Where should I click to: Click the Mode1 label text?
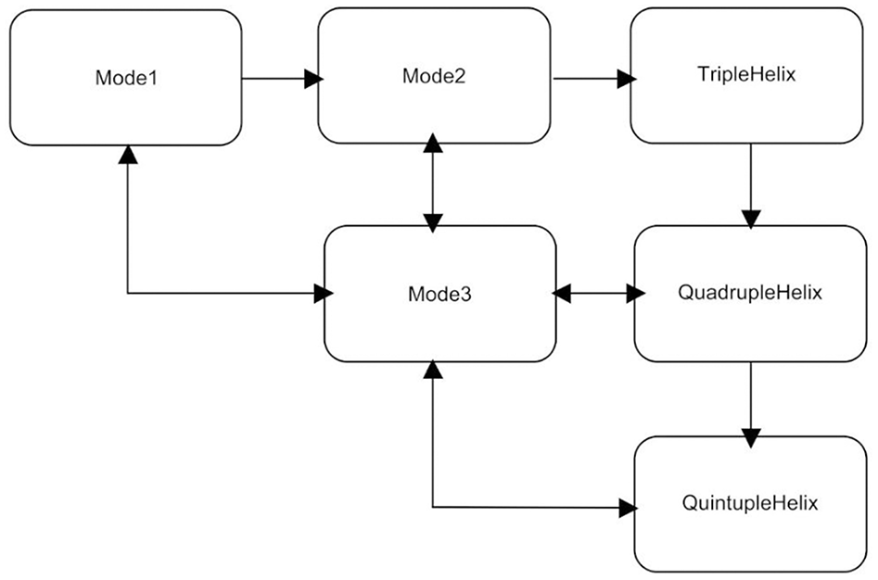(126, 77)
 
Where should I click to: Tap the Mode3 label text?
(439, 294)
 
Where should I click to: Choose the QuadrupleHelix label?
(751, 294)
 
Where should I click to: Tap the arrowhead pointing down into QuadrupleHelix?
(750, 219)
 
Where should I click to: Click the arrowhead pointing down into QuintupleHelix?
(750, 434)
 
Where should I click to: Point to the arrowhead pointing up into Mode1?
(128, 155)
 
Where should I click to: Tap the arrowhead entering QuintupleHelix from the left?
(629, 508)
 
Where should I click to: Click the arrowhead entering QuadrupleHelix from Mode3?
(635, 294)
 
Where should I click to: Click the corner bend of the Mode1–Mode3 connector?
(128, 294)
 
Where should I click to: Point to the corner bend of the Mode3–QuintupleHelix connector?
(433, 507)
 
